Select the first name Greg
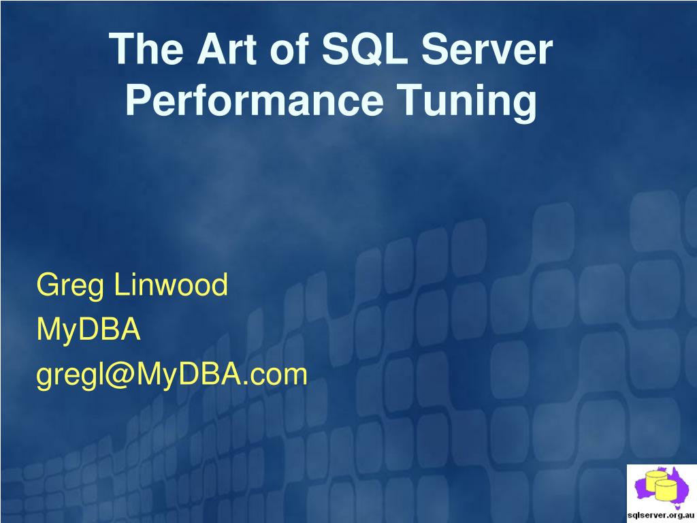70,285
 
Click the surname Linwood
170,285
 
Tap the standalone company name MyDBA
88,330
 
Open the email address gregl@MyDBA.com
172,374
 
